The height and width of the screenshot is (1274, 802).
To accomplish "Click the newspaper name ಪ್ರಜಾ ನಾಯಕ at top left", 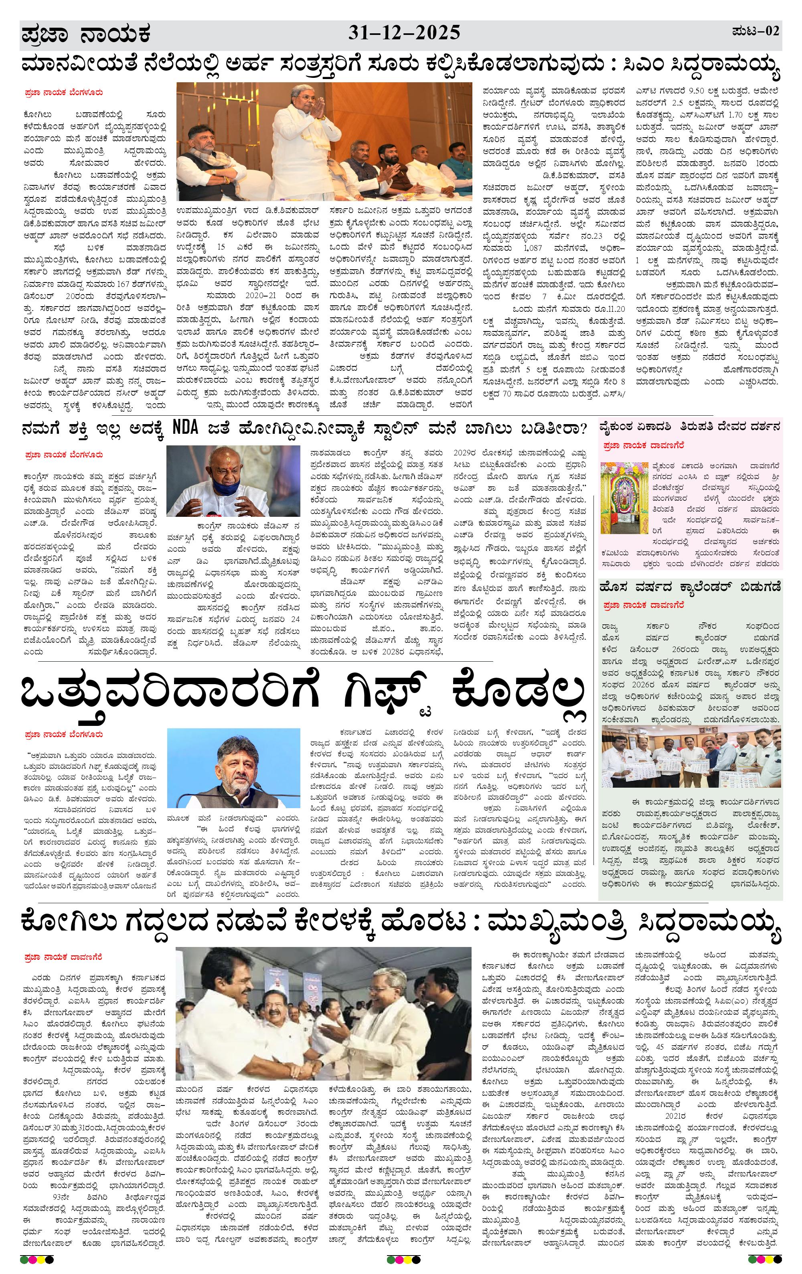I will [x=86, y=35].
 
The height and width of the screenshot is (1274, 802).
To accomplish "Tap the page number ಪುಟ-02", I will [x=755, y=31].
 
